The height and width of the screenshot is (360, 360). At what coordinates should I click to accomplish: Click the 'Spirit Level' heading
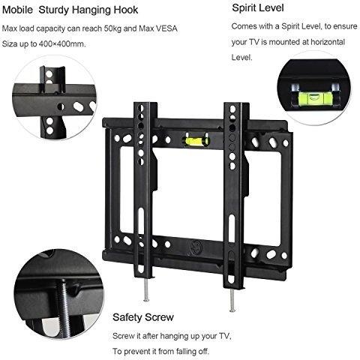(258, 7)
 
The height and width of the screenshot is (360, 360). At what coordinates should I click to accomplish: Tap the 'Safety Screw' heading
(143, 317)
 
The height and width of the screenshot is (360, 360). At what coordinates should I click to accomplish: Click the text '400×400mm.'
(62, 44)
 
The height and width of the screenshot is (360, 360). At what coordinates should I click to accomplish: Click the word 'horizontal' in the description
(328, 42)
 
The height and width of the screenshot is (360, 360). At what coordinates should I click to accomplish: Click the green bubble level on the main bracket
(196, 141)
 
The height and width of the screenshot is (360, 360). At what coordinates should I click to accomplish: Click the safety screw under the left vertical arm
(145, 289)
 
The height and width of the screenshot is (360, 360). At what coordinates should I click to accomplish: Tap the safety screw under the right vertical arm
(232, 300)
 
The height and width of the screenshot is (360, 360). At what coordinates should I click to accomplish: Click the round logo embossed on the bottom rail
(196, 247)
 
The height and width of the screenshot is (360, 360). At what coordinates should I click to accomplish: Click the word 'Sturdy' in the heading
(53, 10)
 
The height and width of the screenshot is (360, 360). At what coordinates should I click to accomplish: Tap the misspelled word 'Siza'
(10, 43)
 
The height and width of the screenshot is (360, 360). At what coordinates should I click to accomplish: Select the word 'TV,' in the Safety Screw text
(225, 336)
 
